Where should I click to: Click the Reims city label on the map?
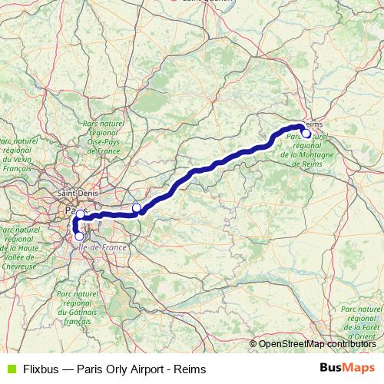coord(315,124)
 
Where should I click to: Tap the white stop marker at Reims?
coord(306,133)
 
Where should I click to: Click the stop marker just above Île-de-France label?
coord(79,236)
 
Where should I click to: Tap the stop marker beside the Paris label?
coord(80,214)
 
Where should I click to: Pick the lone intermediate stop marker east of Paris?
coord(137,208)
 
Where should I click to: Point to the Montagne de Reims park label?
coord(306,149)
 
